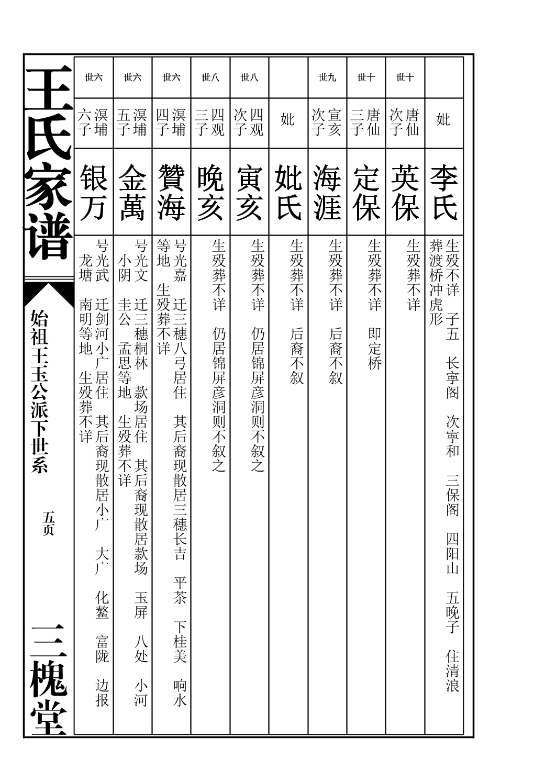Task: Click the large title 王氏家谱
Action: [x=49, y=162]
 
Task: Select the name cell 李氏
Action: [x=444, y=192]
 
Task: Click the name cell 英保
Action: [x=405, y=192]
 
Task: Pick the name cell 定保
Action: [x=366, y=192]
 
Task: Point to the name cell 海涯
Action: [x=327, y=192]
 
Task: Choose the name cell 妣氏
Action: [x=288, y=192]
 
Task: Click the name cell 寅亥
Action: [x=250, y=192]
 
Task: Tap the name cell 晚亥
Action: [x=210, y=192]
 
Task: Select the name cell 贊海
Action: [x=172, y=192]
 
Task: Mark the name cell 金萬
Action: [x=133, y=192]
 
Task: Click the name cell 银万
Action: [x=94, y=192]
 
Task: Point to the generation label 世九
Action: [x=327, y=78]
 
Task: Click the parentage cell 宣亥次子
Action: [x=327, y=122]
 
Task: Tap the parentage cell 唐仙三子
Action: [x=366, y=122]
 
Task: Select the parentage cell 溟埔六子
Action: [x=94, y=122]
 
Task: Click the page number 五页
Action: [x=49, y=523]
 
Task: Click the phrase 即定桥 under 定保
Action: [x=374, y=348]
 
